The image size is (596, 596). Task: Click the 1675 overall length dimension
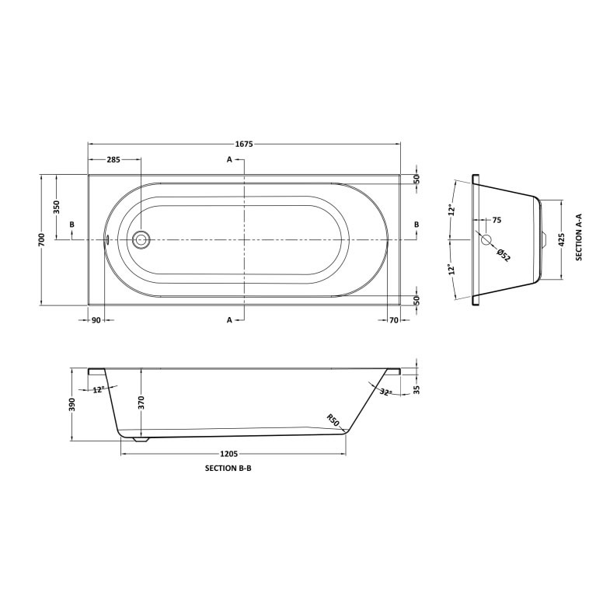click(244, 144)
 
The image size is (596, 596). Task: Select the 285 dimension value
click(113, 159)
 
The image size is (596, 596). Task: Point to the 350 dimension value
click(57, 207)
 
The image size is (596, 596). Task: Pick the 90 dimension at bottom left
click(96, 319)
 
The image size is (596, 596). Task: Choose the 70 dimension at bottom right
click(394, 319)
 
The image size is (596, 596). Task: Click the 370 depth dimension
click(141, 402)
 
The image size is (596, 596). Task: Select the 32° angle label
click(387, 392)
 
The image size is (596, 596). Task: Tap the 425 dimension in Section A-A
click(562, 240)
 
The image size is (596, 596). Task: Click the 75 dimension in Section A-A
click(497, 220)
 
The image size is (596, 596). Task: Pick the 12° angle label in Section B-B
click(98, 389)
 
